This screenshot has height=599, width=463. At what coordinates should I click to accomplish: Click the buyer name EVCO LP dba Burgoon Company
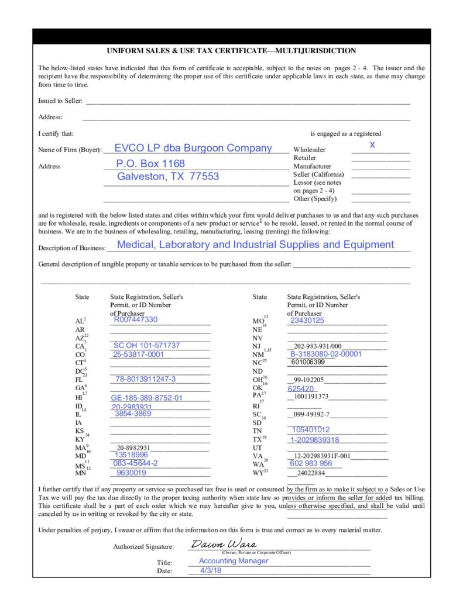(193, 148)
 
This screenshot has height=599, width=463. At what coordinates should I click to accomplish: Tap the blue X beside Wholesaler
(372, 144)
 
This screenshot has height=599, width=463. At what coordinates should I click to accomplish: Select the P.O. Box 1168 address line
(150, 163)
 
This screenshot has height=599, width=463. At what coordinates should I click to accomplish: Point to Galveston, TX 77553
(168, 177)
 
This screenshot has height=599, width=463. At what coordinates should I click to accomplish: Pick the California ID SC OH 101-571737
(146, 345)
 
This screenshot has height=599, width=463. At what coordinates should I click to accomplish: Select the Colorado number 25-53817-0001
(139, 354)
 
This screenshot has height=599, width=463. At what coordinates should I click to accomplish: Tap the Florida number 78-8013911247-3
(145, 379)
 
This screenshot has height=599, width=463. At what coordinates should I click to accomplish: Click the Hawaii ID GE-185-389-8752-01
(147, 398)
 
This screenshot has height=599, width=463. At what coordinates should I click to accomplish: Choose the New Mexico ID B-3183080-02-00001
(326, 354)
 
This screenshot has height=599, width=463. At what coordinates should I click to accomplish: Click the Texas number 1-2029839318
(315, 440)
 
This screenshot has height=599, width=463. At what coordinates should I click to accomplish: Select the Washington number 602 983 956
(311, 463)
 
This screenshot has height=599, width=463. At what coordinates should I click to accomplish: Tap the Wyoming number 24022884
(311, 473)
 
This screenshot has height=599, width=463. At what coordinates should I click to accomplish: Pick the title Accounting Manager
(234, 560)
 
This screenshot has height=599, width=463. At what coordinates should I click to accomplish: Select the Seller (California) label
(318, 174)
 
